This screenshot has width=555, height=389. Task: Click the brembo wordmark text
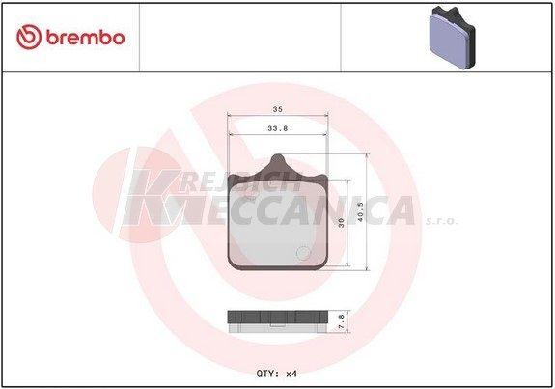[x=85, y=38]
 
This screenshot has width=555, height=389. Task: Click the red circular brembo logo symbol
[x=29, y=37]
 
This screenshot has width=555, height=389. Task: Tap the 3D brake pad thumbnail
[x=452, y=39]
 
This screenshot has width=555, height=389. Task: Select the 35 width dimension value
[x=278, y=109]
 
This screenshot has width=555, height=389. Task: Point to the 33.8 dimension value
[x=278, y=128]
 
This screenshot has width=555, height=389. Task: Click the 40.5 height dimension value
[x=360, y=211]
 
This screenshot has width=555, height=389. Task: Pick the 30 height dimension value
[x=342, y=223]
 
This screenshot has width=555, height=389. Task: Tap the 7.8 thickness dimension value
[x=342, y=321]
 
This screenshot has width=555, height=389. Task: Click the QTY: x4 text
[x=277, y=374]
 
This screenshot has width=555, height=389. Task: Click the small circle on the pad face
[x=303, y=253]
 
